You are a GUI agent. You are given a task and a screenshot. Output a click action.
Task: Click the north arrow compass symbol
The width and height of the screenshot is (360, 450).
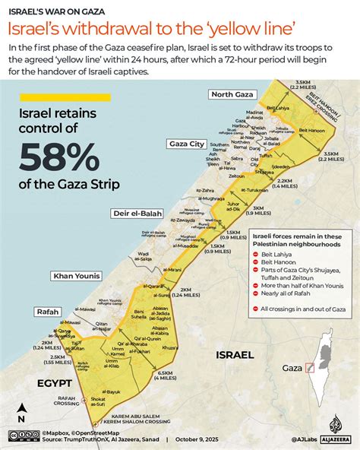(21, 410)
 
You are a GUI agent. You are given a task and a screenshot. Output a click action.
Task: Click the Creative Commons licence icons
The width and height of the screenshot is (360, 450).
(24, 436)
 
